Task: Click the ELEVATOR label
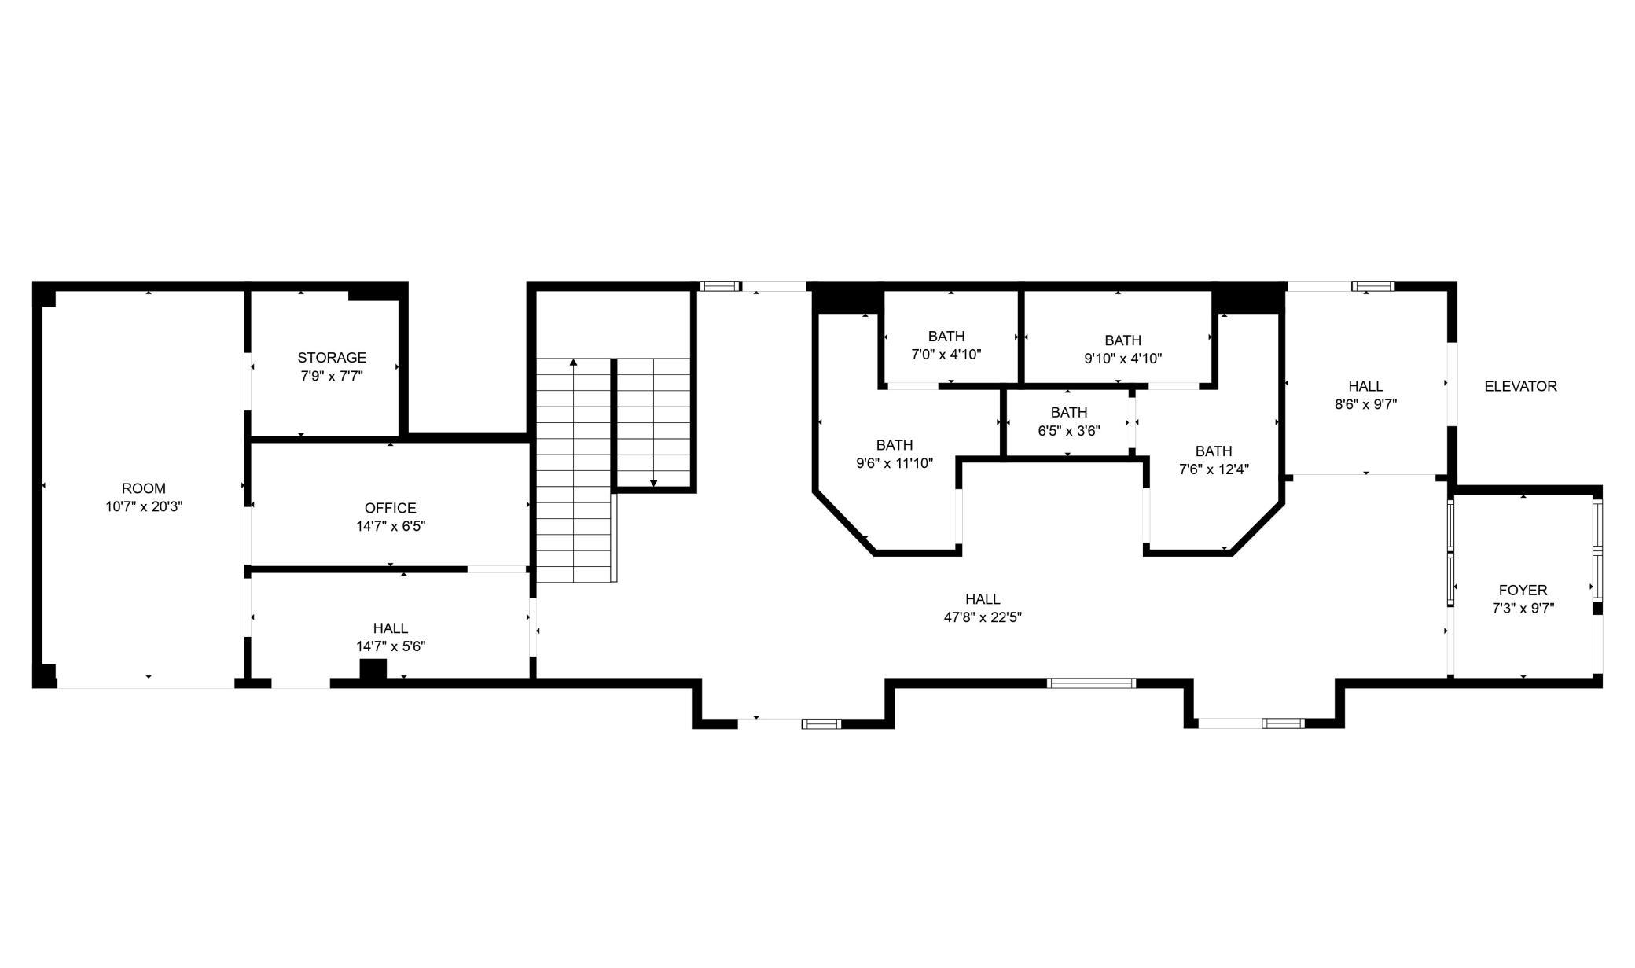coord(1520,386)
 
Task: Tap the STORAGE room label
coord(332,358)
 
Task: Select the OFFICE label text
coord(391,508)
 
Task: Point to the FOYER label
coord(1523,590)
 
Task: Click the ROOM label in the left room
coord(144,488)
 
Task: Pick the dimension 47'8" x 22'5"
coord(983,618)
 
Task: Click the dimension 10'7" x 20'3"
coord(145,507)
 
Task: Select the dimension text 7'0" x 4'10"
coord(946,355)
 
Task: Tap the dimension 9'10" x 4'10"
coord(1122,359)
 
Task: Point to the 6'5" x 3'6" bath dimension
coord(1069,431)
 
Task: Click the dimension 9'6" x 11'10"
coord(895,463)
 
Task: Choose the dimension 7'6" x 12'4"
coord(1214,469)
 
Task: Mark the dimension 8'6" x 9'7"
coord(1365,405)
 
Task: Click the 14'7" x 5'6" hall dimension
coord(391,647)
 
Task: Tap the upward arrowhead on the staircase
coord(574,362)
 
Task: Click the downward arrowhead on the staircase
coord(653,483)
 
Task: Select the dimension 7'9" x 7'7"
coord(332,377)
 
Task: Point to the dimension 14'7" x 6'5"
coord(391,527)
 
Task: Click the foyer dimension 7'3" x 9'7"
coord(1523,609)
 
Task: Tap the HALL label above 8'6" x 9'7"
coord(1365,386)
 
